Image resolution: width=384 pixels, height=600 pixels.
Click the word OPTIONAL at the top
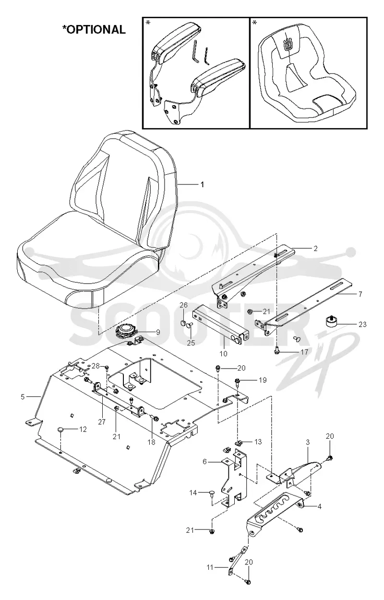click(x=96, y=29)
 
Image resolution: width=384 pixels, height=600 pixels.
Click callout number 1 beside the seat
click(x=202, y=184)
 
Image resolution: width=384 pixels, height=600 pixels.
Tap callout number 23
click(x=362, y=324)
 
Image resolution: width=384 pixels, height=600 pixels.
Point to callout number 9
click(x=158, y=333)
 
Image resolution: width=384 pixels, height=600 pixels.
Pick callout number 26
click(x=183, y=305)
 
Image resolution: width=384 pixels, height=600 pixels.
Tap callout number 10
click(x=223, y=354)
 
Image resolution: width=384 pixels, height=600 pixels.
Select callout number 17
click(x=304, y=352)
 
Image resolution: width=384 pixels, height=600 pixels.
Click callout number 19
click(x=263, y=380)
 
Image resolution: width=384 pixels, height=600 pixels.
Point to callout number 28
click(x=96, y=366)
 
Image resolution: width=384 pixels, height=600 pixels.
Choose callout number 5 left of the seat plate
click(x=23, y=396)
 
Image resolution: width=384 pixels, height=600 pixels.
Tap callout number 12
click(x=83, y=430)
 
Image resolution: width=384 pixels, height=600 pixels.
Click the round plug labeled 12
click(x=60, y=430)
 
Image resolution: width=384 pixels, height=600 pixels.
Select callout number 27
click(x=102, y=422)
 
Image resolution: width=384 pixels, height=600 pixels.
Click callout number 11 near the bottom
click(x=210, y=567)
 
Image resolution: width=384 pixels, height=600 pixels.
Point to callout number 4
click(x=319, y=506)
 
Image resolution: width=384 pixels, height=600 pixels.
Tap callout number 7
click(x=360, y=294)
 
